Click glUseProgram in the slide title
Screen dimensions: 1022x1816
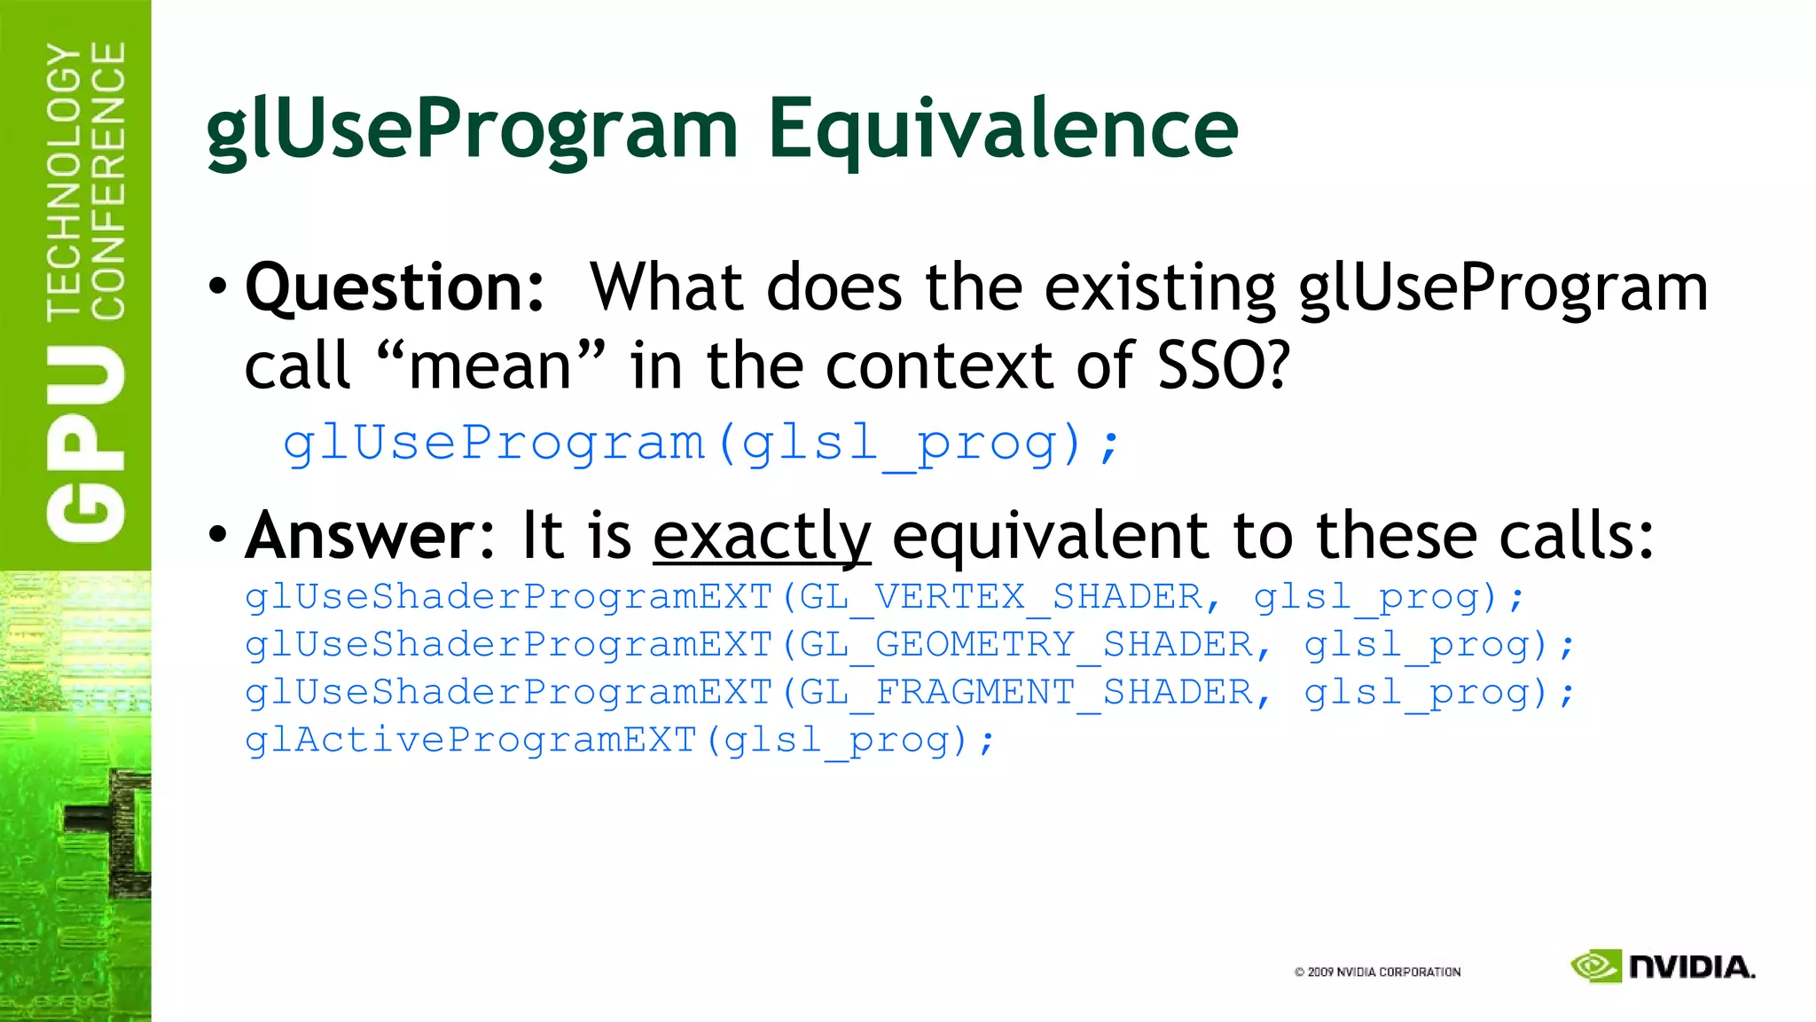point(472,131)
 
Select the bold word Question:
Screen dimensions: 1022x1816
point(395,289)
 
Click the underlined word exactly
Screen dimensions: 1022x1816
point(762,537)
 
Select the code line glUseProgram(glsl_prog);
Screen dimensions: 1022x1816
point(701,443)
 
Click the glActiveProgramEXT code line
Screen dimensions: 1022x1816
point(620,741)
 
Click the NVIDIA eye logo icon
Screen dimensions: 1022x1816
point(1595,966)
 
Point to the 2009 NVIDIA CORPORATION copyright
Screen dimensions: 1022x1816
point(1377,972)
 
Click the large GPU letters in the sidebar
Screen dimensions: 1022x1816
point(86,444)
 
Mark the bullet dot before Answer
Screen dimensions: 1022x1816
point(218,534)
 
